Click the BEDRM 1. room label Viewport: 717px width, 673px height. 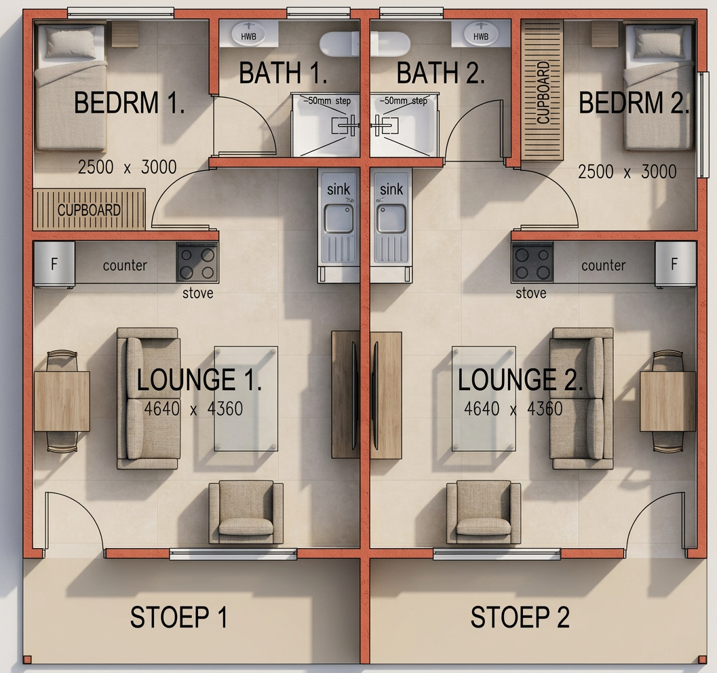click(x=129, y=104)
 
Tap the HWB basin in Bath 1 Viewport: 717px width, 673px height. click(x=248, y=33)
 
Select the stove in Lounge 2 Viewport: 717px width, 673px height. click(x=532, y=263)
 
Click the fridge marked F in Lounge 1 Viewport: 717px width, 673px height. click(x=54, y=264)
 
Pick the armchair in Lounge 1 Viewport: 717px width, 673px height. click(x=246, y=512)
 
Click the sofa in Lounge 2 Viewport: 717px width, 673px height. click(x=581, y=398)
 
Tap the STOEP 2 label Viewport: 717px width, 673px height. click(x=520, y=617)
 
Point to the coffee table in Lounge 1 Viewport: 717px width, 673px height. click(x=246, y=398)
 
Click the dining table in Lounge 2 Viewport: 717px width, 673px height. click(x=667, y=400)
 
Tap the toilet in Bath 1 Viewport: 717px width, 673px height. click(x=339, y=43)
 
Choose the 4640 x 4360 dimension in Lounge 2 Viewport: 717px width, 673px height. click(x=513, y=409)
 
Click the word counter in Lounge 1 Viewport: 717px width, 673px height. click(x=125, y=265)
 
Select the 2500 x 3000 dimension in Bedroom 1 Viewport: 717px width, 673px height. click(x=127, y=167)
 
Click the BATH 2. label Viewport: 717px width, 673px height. click(x=440, y=73)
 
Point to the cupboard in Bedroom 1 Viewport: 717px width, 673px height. click(x=89, y=209)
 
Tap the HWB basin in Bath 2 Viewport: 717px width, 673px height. click(x=480, y=33)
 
